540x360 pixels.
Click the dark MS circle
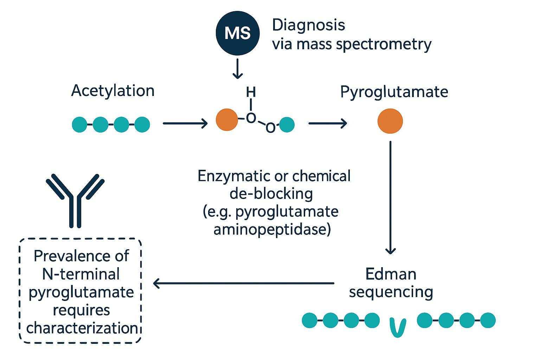coord(238,33)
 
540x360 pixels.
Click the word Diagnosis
coord(308,25)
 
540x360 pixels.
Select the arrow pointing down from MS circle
coord(238,69)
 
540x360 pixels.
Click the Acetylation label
coord(113,91)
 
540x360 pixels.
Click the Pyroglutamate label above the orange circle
coord(394,92)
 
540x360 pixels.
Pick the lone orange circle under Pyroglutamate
coord(390,121)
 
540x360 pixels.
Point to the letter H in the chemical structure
coord(251,92)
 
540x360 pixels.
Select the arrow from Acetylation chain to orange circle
coord(185,123)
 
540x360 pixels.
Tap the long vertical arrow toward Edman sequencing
coord(391,197)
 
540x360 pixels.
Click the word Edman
coord(391,274)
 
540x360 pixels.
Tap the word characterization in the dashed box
coord(82,328)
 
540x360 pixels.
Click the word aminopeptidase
coord(272,230)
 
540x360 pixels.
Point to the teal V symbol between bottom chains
coord(398,327)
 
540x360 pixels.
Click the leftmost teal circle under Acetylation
coord(79,124)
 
